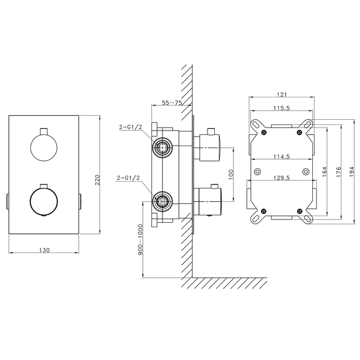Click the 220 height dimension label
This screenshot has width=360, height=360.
(x=97, y=180)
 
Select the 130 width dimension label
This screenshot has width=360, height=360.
(x=44, y=250)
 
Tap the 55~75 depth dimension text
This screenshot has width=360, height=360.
(x=172, y=102)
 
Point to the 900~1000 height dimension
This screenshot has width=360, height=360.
(x=140, y=240)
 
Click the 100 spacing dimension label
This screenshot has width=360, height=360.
(x=231, y=174)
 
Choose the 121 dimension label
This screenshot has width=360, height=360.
(x=282, y=94)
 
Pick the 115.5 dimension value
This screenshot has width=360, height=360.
(x=282, y=108)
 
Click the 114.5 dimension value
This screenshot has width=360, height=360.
(x=282, y=156)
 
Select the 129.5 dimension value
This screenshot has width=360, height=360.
(x=282, y=178)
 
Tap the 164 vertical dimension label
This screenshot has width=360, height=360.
(x=325, y=172)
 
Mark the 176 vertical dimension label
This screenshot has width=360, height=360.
(x=339, y=172)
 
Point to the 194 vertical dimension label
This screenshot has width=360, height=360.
(x=352, y=172)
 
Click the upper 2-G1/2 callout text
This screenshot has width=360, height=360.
(x=130, y=127)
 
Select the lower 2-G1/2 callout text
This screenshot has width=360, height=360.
(x=128, y=178)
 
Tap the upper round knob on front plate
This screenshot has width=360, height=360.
(x=44, y=147)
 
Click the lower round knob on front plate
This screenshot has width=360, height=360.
(x=44, y=201)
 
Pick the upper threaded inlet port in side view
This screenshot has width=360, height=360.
(x=163, y=147)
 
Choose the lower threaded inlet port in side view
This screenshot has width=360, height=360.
(x=163, y=201)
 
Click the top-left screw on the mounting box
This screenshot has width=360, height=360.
(x=264, y=132)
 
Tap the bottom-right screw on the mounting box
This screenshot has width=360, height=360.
(x=299, y=211)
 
